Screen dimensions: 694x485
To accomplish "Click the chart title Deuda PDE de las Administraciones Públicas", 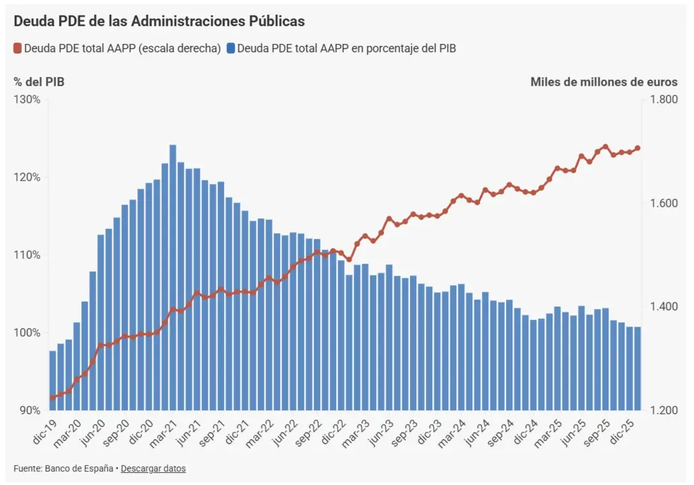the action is (159, 22).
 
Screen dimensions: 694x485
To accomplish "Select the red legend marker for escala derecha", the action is (18, 48).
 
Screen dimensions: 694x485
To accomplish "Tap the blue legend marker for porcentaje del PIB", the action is (231, 48).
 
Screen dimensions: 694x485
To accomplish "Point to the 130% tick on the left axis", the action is (27, 99).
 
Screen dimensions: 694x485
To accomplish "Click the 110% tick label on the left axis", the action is (27, 255).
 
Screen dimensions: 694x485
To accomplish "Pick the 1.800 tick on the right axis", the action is (664, 99).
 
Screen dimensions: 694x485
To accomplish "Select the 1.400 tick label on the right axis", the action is (664, 306).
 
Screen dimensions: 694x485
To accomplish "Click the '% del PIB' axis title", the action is (39, 82).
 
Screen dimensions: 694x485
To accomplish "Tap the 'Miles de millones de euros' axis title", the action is (604, 82).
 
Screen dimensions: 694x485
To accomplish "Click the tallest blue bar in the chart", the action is (172, 278).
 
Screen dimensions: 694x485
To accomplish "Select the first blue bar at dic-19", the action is (53, 381).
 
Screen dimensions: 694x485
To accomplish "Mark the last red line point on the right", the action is (637, 148).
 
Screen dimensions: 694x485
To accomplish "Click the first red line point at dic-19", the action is (53, 397).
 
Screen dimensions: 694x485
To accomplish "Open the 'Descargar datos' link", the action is (153, 469).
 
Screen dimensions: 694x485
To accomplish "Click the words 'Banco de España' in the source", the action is (79, 469).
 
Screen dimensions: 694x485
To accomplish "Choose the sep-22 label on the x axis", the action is (308, 432).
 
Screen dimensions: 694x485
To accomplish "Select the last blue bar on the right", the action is (637, 368).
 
